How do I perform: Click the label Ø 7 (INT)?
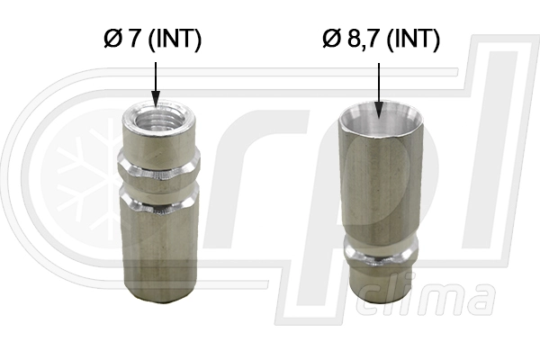pyautogui.click(x=152, y=40)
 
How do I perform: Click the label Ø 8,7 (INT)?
pyautogui.click(x=382, y=40)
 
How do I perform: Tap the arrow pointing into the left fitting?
pyautogui.click(x=156, y=85)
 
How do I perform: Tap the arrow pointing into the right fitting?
pyautogui.click(x=379, y=91)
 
